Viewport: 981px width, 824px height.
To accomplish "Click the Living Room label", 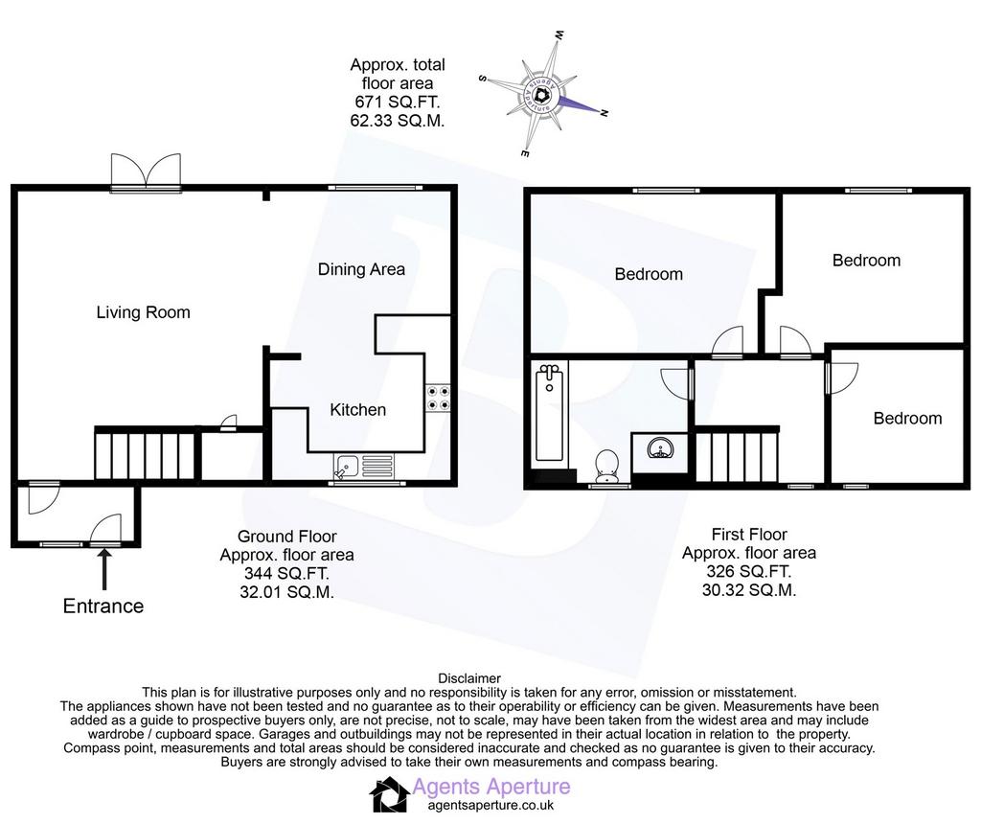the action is point(144,312).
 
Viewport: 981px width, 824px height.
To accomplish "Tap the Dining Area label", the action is point(361,269).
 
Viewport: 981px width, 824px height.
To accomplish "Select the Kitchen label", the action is point(358,410).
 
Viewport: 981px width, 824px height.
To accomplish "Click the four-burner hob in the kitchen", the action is point(438,399).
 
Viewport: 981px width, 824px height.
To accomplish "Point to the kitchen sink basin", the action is point(346,466).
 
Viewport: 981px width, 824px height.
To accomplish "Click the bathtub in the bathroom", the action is point(549,414).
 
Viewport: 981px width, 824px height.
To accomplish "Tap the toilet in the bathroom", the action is point(606,466).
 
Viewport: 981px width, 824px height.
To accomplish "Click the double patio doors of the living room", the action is point(146,171).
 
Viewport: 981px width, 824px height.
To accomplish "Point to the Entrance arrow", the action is point(103,569).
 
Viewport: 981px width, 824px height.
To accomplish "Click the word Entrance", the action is point(103,607).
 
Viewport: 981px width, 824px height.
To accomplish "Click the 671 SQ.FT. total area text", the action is point(398,102).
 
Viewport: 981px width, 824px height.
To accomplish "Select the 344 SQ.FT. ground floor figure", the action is point(286,573).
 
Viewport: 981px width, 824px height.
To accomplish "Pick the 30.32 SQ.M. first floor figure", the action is point(749,590).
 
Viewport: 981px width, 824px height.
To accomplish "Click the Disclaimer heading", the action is point(469,678).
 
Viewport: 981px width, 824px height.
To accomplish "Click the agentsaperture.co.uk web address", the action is point(491,806).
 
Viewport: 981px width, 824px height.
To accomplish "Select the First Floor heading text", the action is point(749,535).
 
